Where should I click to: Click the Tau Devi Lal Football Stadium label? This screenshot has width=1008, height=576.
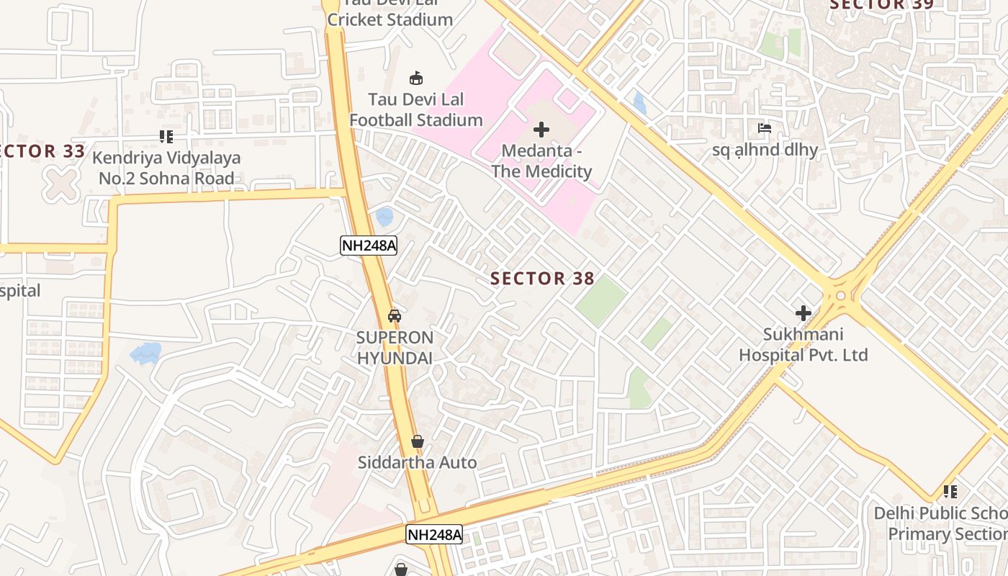click(x=415, y=109)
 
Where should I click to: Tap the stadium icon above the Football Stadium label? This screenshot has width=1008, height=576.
click(x=415, y=78)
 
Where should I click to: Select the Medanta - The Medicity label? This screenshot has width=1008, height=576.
click(x=541, y=161)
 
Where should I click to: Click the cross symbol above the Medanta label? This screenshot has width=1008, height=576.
click(x=541, y=130)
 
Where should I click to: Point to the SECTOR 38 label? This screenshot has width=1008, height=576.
click(x=542, y=279)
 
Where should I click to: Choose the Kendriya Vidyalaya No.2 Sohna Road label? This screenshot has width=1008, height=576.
click(x=166, y=168)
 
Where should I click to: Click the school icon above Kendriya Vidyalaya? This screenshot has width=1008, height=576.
click(x=166, y=136)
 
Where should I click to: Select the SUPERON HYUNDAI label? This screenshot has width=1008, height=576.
click(x=395, y=348)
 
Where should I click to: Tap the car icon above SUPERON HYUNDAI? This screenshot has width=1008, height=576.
click(x=395, y=315)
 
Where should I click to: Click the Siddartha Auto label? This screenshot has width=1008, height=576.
click(x=417, y=462)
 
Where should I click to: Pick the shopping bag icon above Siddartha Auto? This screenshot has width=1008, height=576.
click(x=417, y=441)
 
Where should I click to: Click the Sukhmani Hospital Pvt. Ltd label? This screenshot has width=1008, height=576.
click(x=803, y=345)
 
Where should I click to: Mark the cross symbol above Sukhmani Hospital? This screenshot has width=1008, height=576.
click(x=803, y=313)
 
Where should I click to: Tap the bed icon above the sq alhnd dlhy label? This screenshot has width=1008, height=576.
click(x=765, y=129)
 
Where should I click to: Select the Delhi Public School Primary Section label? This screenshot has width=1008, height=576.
click(x=943, y=523)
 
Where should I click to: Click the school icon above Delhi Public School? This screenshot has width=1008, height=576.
click(x=950, y=492)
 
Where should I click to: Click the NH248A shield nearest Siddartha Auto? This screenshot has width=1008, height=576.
click(x=433, y=534)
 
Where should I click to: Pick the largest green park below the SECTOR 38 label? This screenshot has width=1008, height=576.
click(x=601, y=300)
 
